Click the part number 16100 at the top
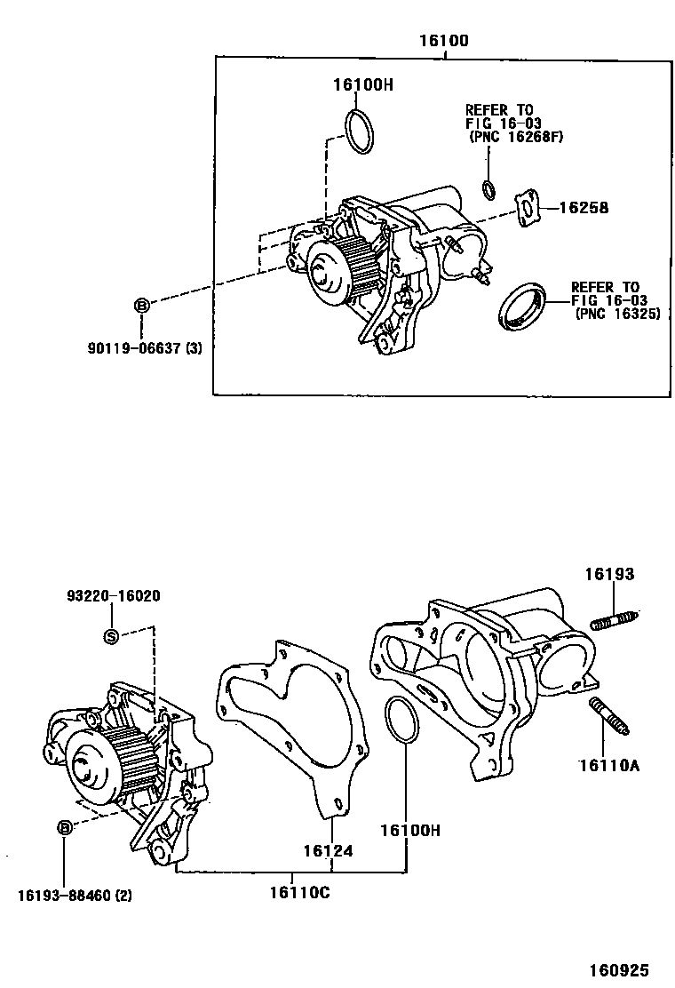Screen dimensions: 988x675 pos(445,41)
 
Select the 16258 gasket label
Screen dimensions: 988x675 pos(584,209)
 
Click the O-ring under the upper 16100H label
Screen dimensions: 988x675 pos(359,131)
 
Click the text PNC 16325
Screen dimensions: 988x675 pos(617,314)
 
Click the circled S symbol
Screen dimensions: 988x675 pos(111,635)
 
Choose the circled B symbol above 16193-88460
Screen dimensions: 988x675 pos(64,828)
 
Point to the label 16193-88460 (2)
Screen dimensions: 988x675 pos(73,895)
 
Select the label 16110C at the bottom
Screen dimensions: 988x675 pos(299,892)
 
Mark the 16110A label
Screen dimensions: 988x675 pos(608,761)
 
